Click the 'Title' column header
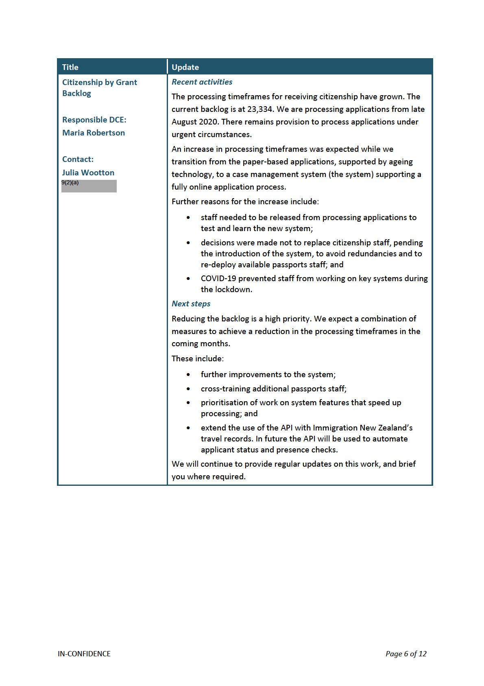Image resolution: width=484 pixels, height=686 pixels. coord(70,67)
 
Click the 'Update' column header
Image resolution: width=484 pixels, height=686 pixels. coord(185,67)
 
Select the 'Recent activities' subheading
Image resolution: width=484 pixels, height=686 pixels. coord(202,82)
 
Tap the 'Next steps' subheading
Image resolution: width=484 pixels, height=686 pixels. coord(191,304)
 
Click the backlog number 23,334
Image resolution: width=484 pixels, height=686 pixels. coord(260,109)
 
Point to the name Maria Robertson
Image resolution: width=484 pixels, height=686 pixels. coord(94,133)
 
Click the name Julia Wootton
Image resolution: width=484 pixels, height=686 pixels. coord(88,173)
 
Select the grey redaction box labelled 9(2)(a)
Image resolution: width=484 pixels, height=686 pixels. coord(89,186)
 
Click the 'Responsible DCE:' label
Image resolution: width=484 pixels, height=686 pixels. coord(94,120)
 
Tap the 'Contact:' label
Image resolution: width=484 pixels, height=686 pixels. coord(78,159)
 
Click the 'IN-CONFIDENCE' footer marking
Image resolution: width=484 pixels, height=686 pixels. coord(84,653)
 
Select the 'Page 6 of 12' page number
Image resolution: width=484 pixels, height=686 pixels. coord(406,653)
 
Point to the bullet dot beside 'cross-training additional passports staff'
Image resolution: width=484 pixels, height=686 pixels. coord(188,389)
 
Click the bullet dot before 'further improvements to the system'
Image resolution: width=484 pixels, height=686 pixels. coord(188,375)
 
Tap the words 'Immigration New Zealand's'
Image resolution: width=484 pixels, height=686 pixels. coord(363,428)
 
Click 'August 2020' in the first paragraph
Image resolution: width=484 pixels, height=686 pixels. coord(194,122)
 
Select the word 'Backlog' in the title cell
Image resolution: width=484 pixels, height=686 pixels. coord(76,93)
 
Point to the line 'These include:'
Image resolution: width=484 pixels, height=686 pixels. coord(198,358)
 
